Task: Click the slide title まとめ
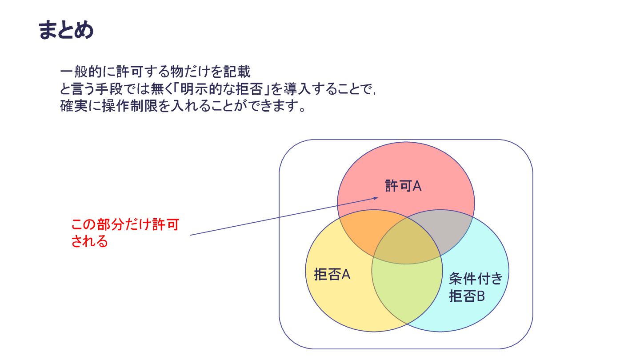(x=66, y=30)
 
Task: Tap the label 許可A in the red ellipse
(x=403, y=186)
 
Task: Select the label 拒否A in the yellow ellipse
(x=332, y=275)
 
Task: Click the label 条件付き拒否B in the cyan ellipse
(x=475, y=287)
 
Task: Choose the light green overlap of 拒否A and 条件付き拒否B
(x=407, y=289)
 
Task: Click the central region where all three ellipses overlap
(x=407, y=244)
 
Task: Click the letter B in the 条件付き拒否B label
(x=480, y=296)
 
